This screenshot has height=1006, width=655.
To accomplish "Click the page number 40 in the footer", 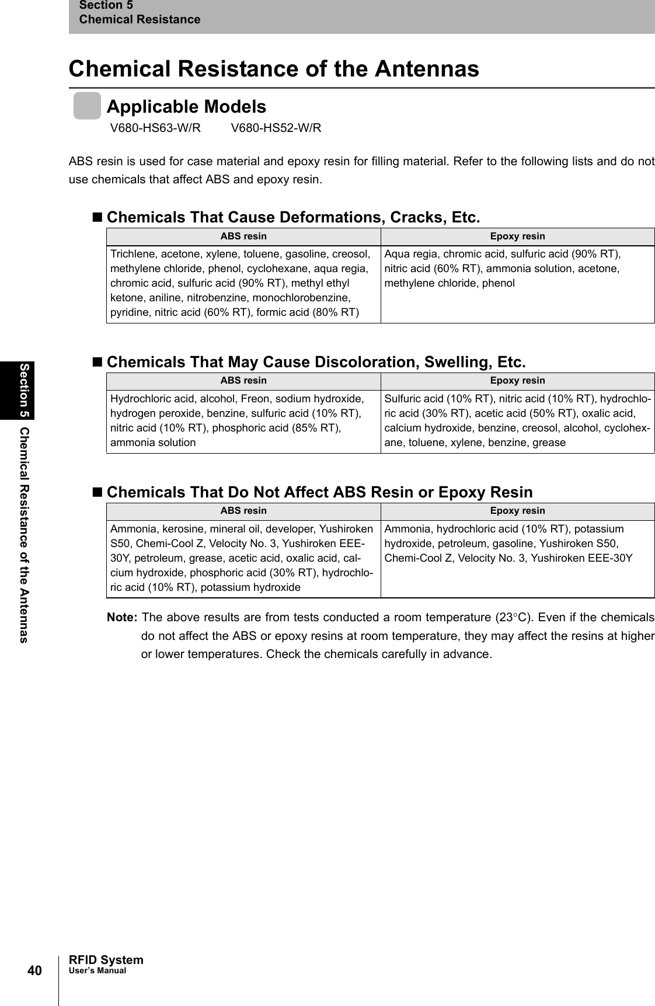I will pyautogui.click(x=34, y=970).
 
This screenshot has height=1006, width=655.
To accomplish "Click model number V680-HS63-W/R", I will pyautogui.click(x=155, y=128).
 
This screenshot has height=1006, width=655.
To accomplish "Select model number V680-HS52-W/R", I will pyautogui.click(x=276, y=128).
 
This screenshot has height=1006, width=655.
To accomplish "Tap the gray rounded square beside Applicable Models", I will pyautogui.click(x=87, y=106).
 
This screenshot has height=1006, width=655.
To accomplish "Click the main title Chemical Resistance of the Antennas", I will pyautogui.click(x=274, y=68).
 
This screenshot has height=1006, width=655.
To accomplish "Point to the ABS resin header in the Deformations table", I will pyautogui.click(x=243, y=236).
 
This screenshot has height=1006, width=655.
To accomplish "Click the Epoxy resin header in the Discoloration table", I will pyautogui.click(x=517, y=381).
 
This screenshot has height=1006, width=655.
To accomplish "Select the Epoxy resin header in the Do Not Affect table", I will pyautogui.click(x=517, y=511).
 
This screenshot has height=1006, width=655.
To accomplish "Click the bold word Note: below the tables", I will pyautogui.click(x=123, y=618).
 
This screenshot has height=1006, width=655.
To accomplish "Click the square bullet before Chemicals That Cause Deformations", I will pyautogui.click(x=97, y=218).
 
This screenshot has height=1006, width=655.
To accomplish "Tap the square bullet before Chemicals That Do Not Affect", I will pyautogui.click(x=97, y=492).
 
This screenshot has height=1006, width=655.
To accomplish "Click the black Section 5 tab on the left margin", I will pyautogui.click(x=25, y=390).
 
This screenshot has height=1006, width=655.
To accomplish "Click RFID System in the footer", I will pyautogui.click(x=106, y=960).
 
